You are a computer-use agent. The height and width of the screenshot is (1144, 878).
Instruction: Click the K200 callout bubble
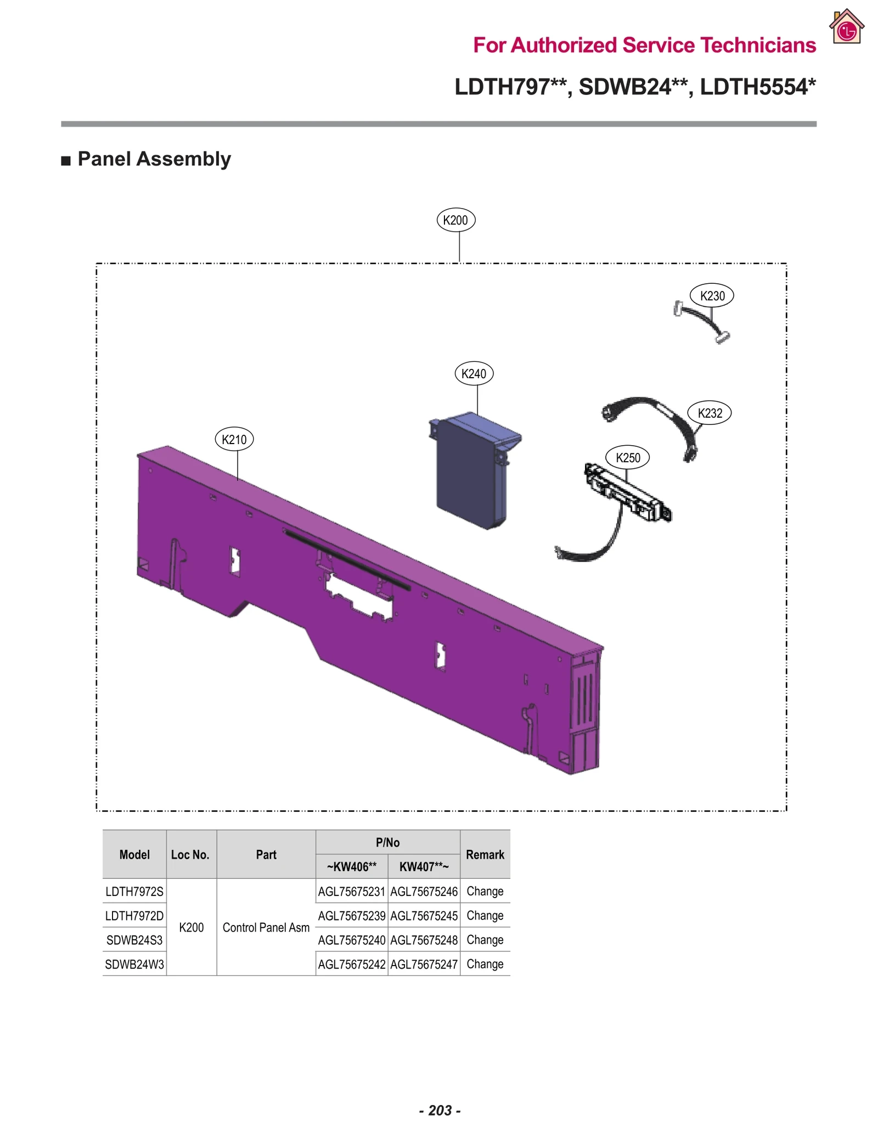[455, 220]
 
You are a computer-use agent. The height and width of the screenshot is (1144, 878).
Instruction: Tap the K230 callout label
[712, 296]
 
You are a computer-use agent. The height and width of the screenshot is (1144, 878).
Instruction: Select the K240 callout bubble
[474, 374]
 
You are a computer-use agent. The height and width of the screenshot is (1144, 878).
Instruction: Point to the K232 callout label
[710, 413]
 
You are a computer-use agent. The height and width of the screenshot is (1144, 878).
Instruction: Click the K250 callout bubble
[627, 458]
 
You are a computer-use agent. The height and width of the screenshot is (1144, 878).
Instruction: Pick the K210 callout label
[234, 439]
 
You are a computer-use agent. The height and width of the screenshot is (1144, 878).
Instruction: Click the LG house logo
[847, 27]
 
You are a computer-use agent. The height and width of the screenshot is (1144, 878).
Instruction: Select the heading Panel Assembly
[154, 159]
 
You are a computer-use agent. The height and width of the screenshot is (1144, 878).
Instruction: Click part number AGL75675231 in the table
[351, 891]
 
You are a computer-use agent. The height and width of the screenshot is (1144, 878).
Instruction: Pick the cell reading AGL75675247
[424, 964]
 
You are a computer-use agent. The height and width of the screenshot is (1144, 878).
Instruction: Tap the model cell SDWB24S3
[134, 940]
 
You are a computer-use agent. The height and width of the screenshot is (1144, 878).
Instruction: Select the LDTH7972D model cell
[134, 916]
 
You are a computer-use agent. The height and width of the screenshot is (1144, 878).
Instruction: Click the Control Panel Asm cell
[266, 928]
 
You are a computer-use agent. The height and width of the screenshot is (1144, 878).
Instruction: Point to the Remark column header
[485, 855]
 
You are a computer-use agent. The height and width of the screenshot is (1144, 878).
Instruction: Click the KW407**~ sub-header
[424, 867]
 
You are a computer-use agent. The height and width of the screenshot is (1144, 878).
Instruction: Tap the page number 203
[440, 1110]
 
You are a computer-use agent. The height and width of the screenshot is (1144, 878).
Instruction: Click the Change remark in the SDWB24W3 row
[485, 964]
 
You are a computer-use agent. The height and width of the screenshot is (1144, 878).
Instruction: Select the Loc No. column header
[190, 855]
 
